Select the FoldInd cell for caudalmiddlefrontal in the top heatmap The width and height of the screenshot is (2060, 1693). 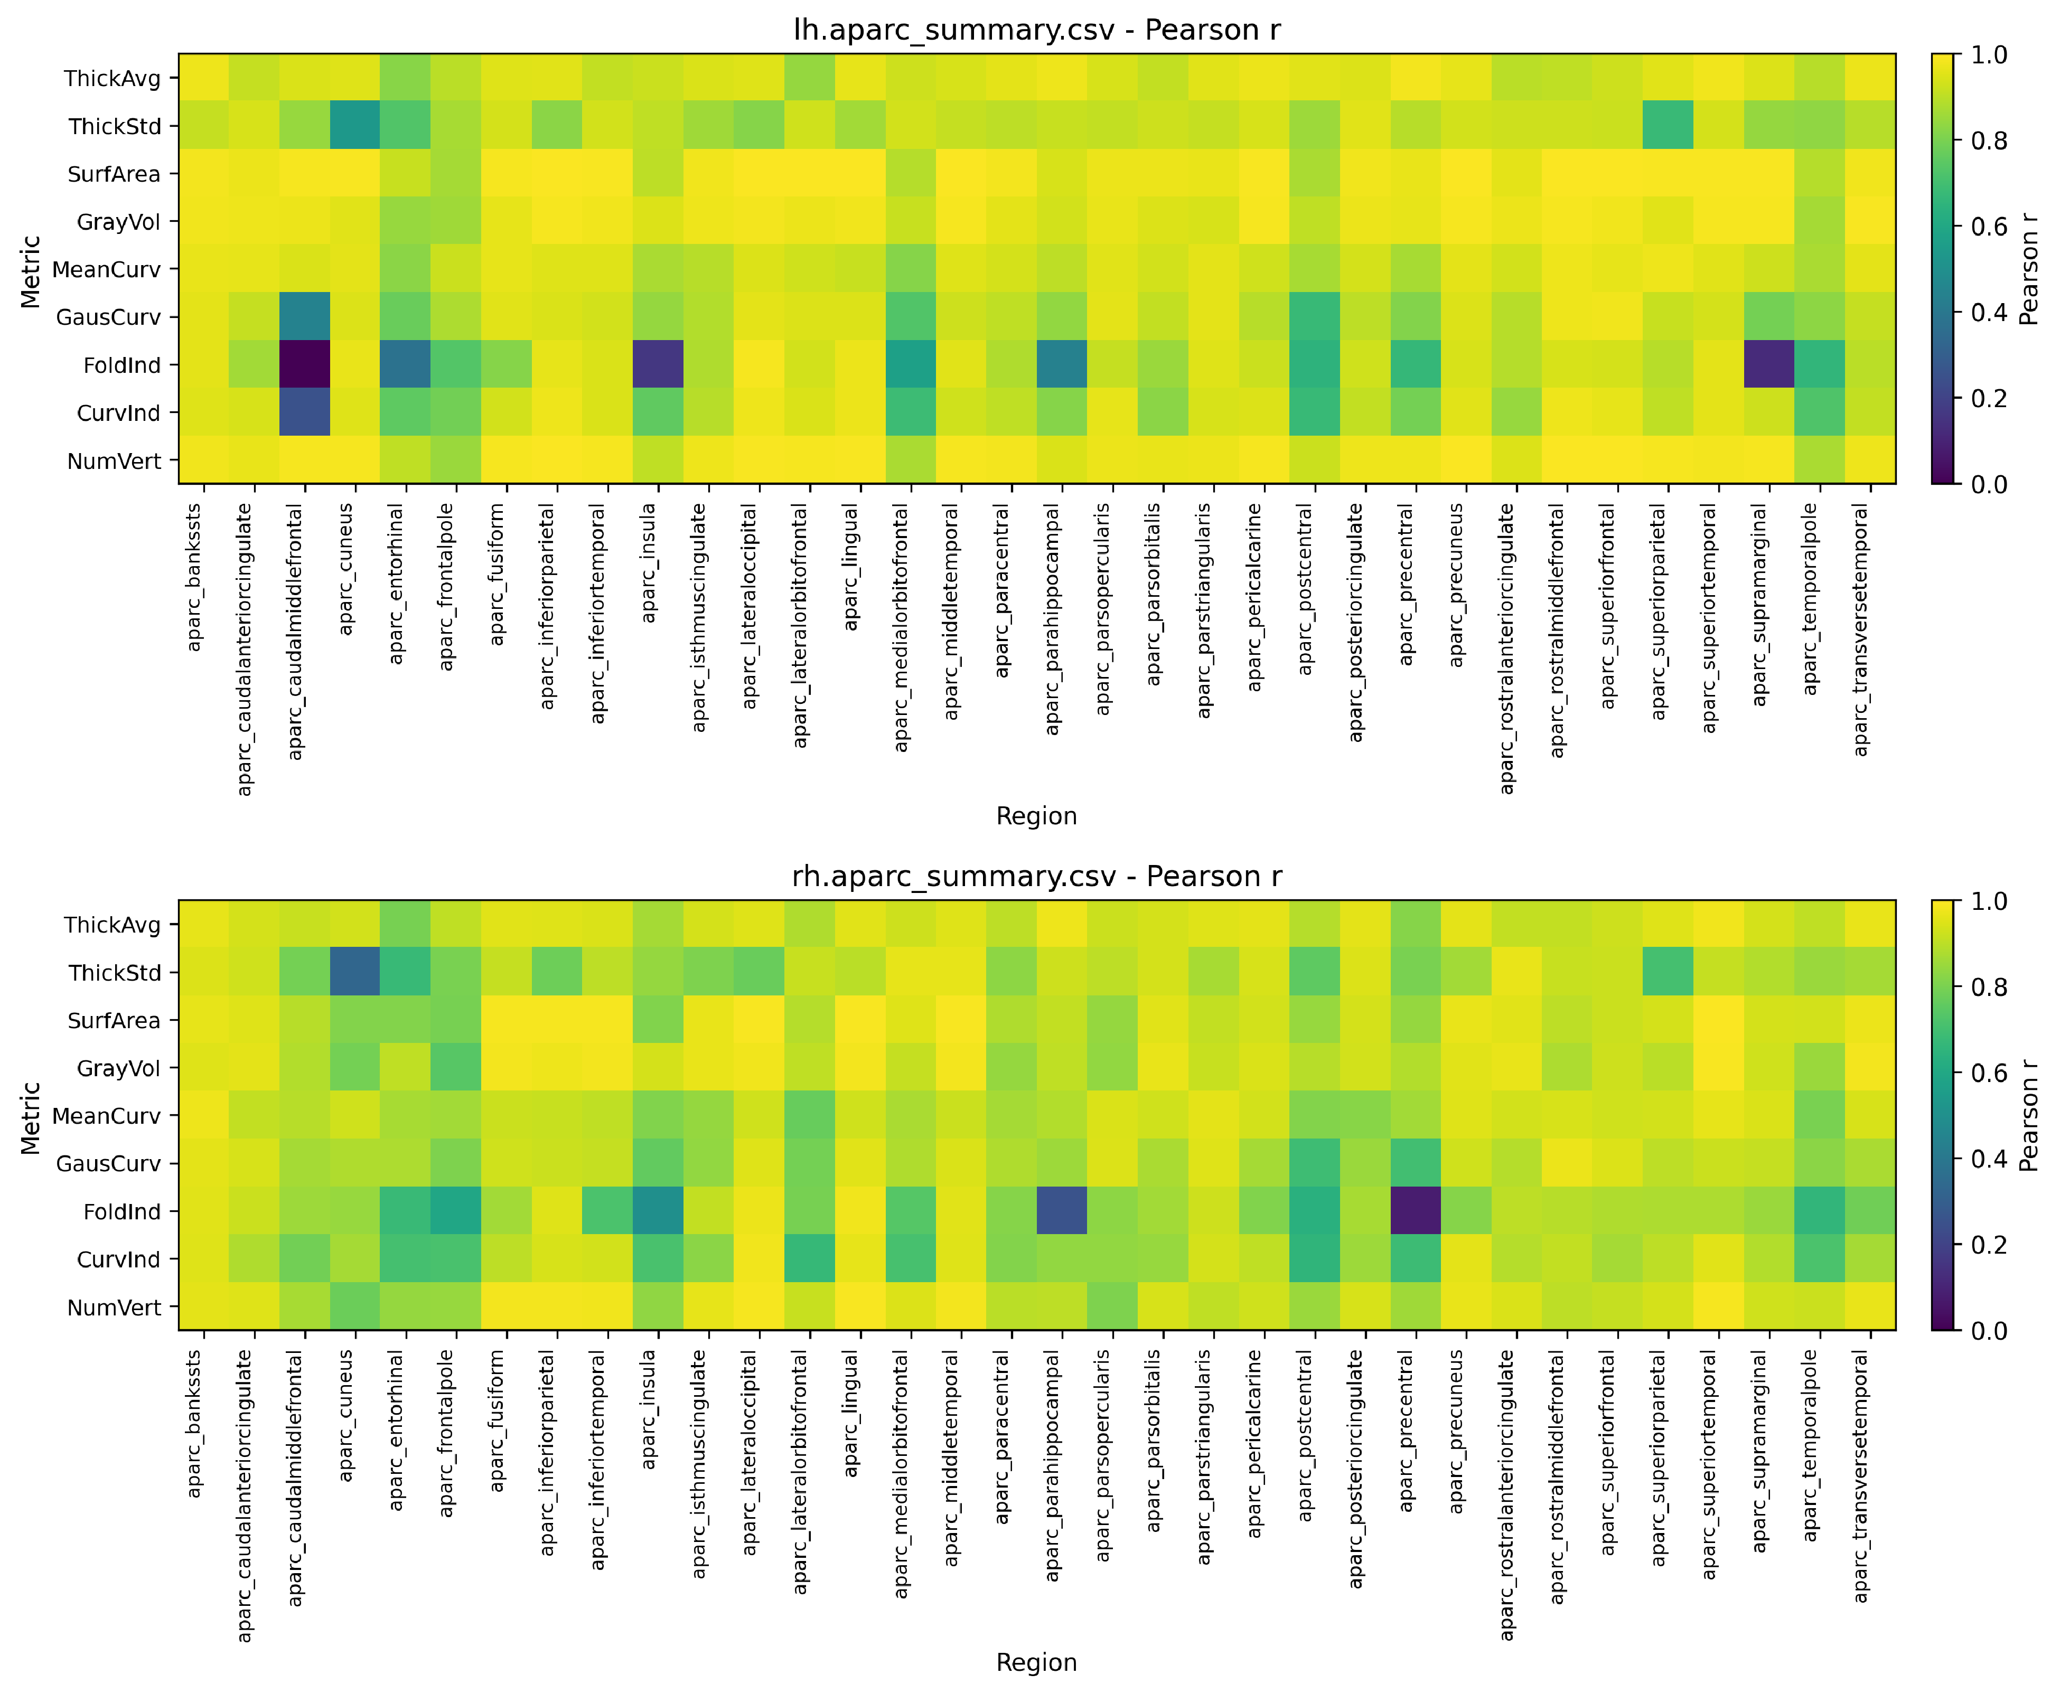pyautogui.click(x=304, y=365)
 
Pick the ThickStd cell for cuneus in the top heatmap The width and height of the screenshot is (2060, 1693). pyautogui.click(x=355, y=126)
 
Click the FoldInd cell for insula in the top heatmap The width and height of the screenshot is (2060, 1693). pyautogui.click(x=658, y=365)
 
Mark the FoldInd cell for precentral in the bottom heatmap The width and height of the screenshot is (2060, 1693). pyautogui.click(x=1415, y=1211)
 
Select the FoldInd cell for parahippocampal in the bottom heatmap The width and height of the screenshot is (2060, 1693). pyautogui.click(x=1062, y=1211)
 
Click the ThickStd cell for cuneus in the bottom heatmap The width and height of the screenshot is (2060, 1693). pyautogui.click(x=355, y=972)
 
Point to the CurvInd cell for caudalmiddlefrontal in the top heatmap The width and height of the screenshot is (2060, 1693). pyautogui.click(x=304, y=412)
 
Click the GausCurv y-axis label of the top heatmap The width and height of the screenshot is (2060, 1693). pyautogui.click(x=108, y=317)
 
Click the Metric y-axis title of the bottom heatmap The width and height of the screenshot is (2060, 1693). pyautogui.click(x=31, y=1117)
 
